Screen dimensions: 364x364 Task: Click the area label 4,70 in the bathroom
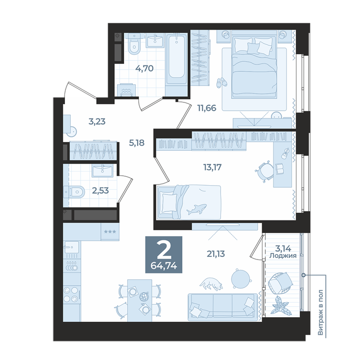pos(145,69)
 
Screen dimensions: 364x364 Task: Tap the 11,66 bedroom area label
pos(206,108)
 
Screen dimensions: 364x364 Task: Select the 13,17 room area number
pos(212,167)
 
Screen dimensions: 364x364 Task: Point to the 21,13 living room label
pos(216,254)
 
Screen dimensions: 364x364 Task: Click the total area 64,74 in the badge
pos(164,266)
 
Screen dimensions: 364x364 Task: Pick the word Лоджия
pos(283,256)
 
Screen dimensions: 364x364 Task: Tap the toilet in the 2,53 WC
pos(74,192)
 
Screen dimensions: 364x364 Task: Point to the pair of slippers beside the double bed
pos(222,83)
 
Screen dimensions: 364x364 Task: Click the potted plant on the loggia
pos(281,306)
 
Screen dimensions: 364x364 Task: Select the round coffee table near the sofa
pos(241,279)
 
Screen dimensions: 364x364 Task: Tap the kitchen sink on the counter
pos(72,247)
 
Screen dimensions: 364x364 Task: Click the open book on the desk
pos(280,168)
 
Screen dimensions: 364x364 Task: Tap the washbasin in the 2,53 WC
pos(102,171)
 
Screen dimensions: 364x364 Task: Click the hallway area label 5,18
pos(137,143)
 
